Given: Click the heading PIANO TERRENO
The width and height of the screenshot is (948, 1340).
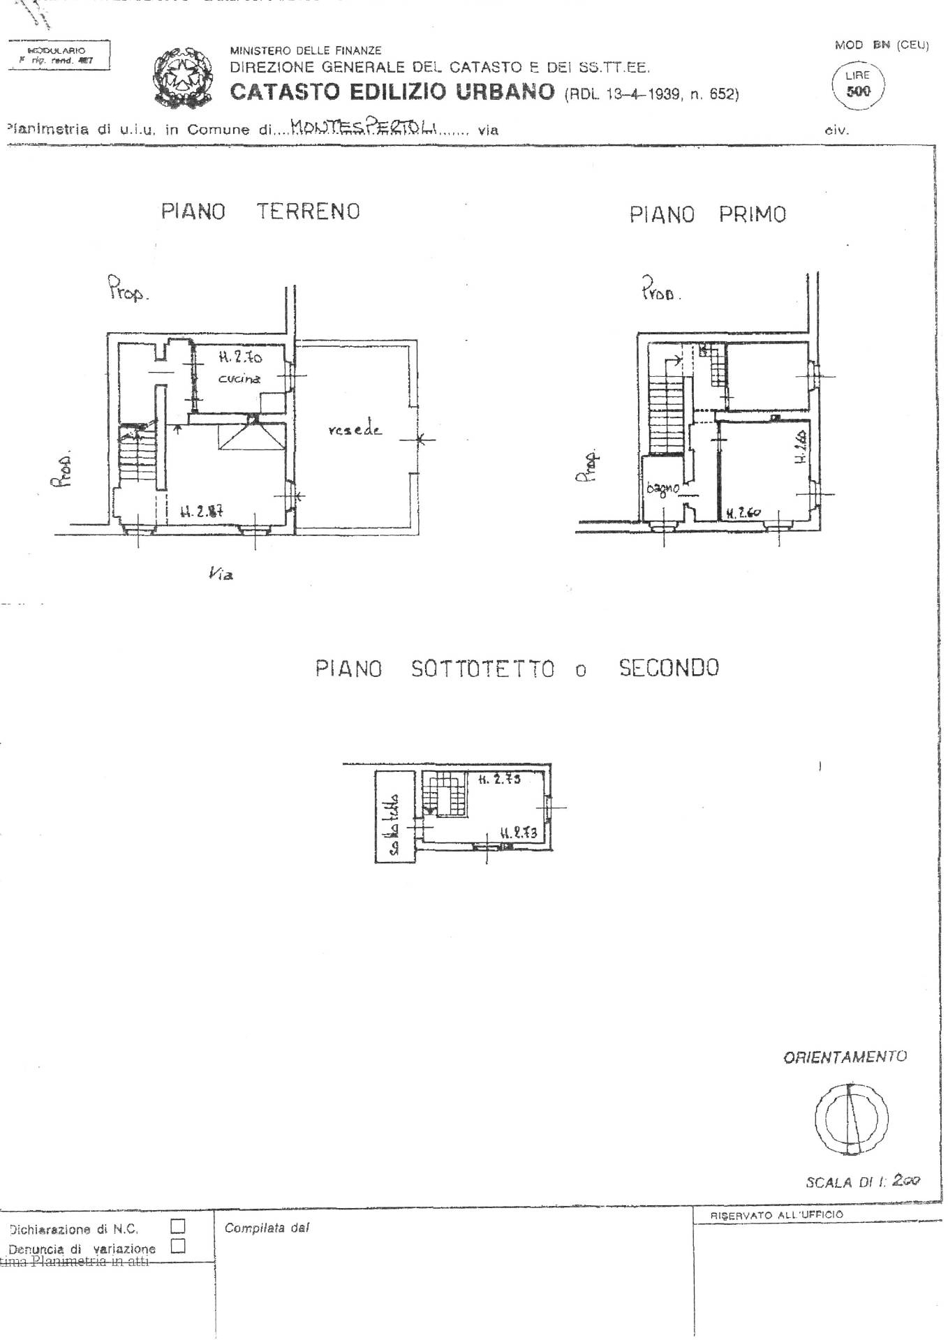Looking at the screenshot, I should point(260,211).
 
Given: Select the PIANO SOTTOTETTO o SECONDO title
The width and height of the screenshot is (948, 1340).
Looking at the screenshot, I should point(517,669).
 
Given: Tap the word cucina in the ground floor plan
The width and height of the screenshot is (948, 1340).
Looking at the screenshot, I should point(239,378).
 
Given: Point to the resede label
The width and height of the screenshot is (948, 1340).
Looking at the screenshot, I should point(355,430).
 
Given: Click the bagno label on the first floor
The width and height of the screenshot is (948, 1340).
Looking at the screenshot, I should point(662,488).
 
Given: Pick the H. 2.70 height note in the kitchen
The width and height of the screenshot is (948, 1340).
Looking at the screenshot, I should point(240,357).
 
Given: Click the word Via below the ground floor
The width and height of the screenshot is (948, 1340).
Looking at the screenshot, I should point(221,574).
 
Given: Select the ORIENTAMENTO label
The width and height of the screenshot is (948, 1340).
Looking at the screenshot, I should point(845,1057).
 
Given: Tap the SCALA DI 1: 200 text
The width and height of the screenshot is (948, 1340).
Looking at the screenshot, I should point(863,1182).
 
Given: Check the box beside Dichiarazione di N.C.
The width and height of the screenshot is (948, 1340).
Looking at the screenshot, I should point(178,1225).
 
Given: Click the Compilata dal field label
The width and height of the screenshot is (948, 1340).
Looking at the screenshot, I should point(267,1228).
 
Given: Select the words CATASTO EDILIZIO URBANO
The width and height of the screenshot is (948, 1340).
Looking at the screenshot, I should point(392,92).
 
